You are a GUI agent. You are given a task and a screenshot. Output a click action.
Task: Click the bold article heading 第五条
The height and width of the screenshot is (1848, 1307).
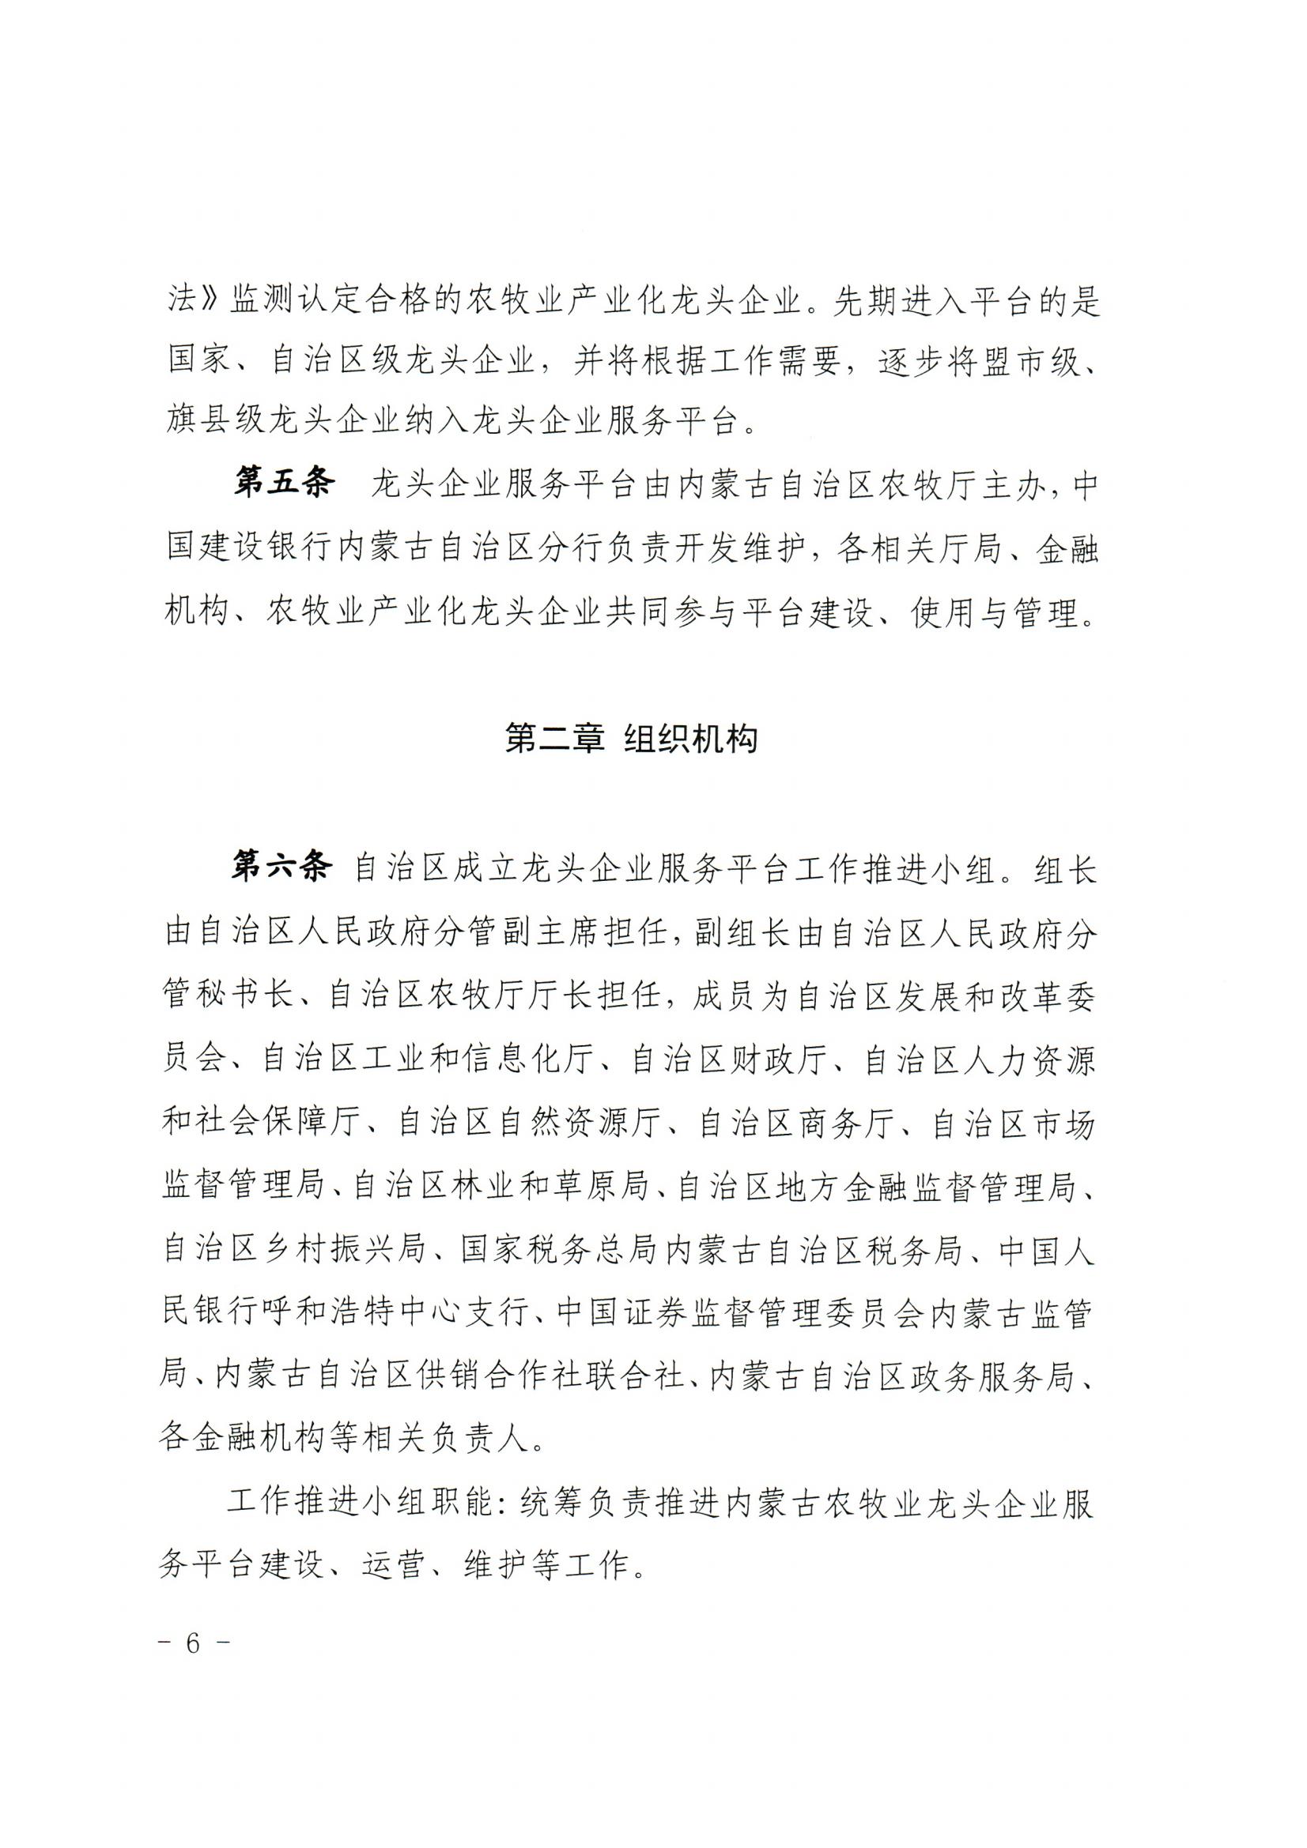[284, 485]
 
